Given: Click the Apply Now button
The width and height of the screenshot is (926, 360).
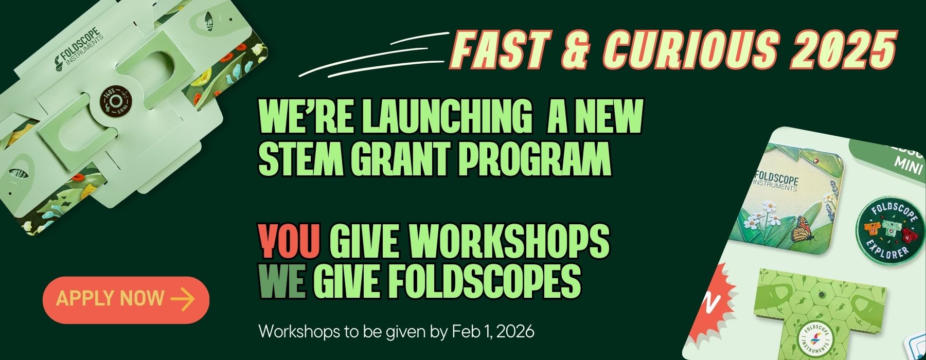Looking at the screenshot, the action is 126,300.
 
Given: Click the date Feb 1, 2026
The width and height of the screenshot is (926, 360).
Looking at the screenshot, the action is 493,332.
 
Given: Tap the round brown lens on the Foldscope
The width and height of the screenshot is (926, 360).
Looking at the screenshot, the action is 115,98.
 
